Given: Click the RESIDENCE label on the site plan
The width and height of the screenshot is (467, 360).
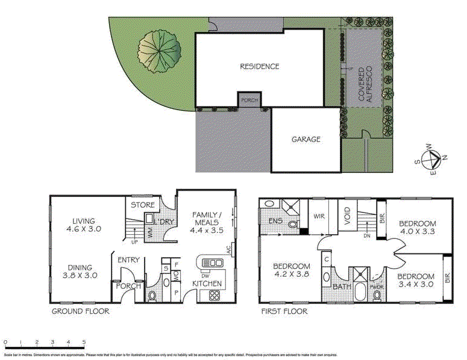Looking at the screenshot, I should point(260,66).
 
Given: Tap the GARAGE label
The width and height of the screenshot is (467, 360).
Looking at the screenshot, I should point(306,139).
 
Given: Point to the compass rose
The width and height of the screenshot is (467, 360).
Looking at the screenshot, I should point(433,160).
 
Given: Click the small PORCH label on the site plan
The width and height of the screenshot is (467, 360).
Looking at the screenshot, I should point(249,101).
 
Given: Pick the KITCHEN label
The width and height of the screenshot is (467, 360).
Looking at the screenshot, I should point(207,284).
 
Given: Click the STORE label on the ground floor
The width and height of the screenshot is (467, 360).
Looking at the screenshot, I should point(143,205).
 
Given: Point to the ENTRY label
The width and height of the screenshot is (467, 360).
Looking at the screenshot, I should point(129,260).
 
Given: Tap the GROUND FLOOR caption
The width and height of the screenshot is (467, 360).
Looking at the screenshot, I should point(80,311).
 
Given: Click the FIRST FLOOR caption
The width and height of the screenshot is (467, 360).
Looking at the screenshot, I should point(283,311).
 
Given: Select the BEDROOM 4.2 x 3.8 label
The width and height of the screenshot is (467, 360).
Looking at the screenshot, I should point(291,271).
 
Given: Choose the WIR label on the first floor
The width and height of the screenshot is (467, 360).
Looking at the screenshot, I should point(318,216).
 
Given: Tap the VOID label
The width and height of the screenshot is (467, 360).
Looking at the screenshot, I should point(346,217).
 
